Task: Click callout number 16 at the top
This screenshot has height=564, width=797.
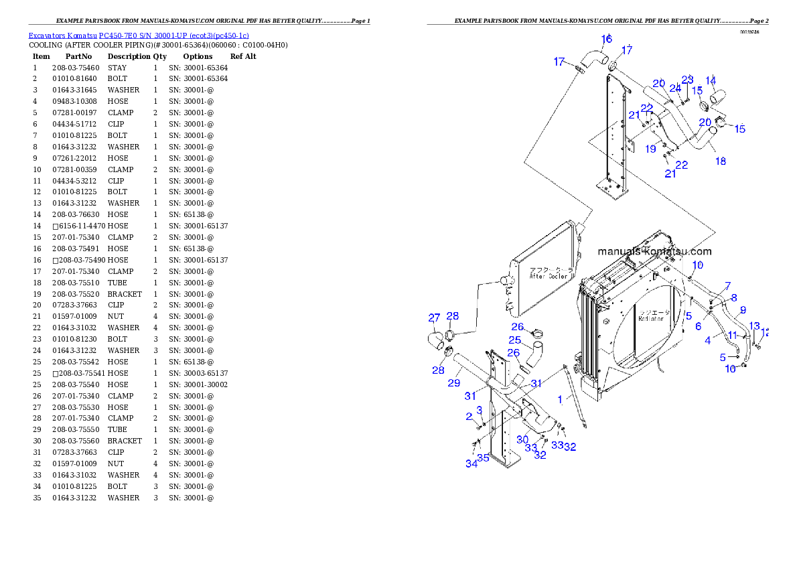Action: coord(606,40)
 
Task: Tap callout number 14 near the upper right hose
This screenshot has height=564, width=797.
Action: coord(711,80)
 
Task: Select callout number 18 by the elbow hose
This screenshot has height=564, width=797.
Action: coord(721,161)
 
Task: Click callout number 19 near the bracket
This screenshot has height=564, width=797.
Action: coord(650,149)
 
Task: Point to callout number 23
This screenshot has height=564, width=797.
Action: coord(688,80)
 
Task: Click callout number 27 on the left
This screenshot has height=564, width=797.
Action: coord(434,318)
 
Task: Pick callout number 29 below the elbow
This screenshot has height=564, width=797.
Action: coord(454,382)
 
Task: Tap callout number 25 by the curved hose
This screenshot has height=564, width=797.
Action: coord(514,340)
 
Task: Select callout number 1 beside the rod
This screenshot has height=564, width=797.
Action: coord(560,399)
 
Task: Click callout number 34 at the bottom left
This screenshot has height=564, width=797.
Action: coord(472,464)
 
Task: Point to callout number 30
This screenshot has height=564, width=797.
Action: coord(522,440)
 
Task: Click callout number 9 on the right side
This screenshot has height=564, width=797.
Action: coord(742,311)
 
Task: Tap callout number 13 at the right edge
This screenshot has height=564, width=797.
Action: coord(755,326)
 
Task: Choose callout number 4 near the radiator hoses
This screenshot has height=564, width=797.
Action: coord(708,340)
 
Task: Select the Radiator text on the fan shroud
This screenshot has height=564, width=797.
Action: coord(651,319)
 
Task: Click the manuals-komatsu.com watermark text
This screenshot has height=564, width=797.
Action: coord(654,252)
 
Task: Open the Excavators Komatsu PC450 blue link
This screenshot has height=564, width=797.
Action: coord(139,36)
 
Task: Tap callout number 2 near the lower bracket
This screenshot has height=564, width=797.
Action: coord(469,417)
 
